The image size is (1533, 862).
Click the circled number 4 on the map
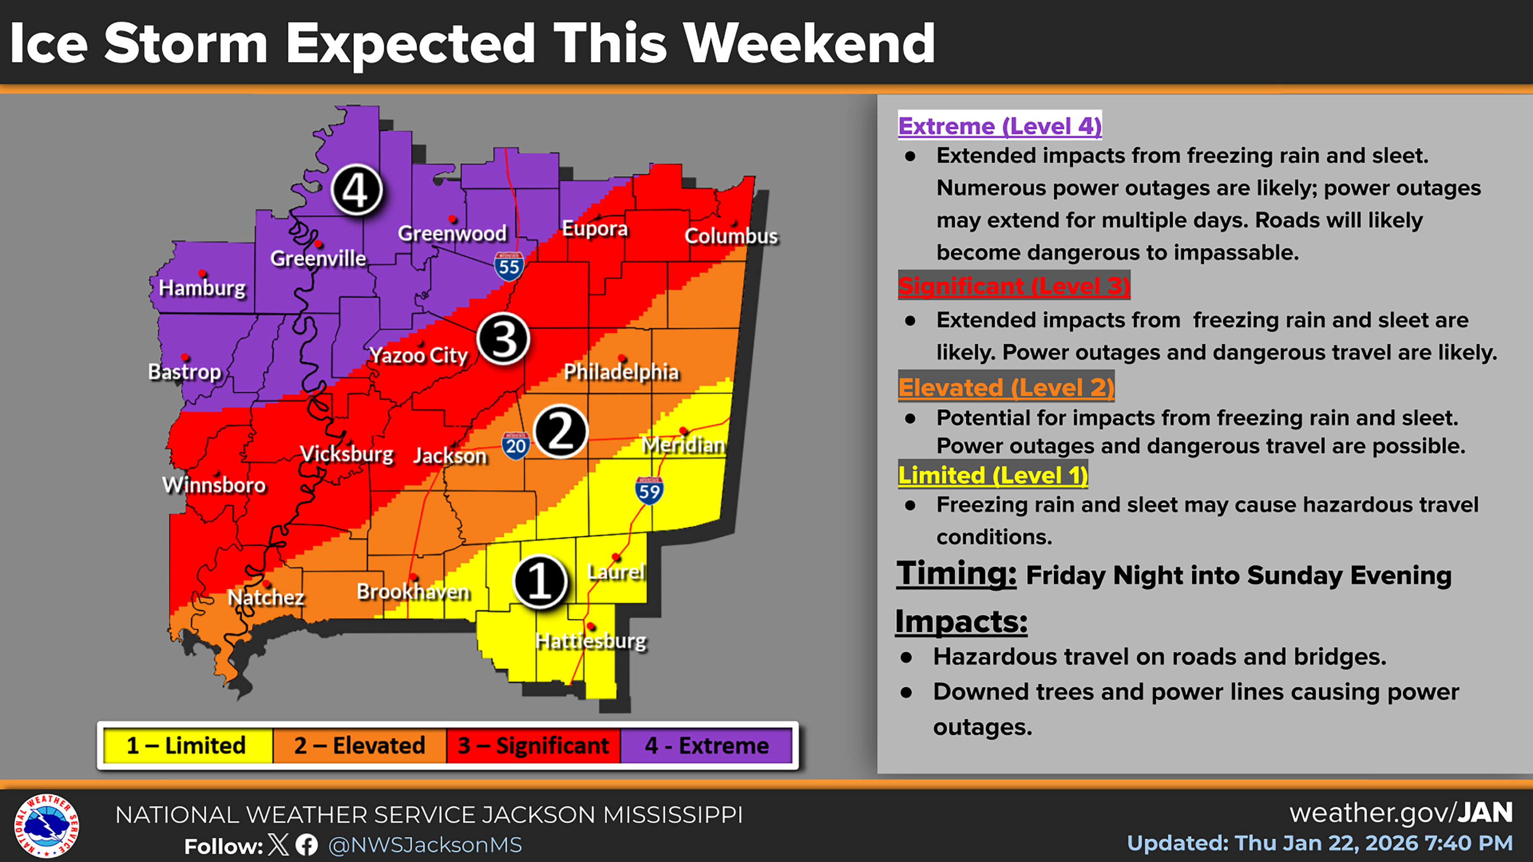pos(356,190)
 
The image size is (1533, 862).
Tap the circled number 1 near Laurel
pos(540,581)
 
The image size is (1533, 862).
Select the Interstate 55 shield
pos(509,266)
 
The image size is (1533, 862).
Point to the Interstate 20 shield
pos(515,445)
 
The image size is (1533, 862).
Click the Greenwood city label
pos(452,233)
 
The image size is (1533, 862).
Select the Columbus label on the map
pos(731,236)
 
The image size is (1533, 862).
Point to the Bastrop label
pos(184,372)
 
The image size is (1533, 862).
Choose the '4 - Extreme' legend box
pos(706,745)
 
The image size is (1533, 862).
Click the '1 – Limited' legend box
pos(186,745)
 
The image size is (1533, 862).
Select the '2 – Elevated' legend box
pos(359,745)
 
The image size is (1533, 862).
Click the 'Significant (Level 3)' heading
pos(1013,286)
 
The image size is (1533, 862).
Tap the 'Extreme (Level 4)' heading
pos(1000,126)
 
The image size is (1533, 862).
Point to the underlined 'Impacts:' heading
pos(961,621)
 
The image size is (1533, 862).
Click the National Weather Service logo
pos(46,826)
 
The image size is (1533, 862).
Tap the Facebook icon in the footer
pos(307,845)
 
